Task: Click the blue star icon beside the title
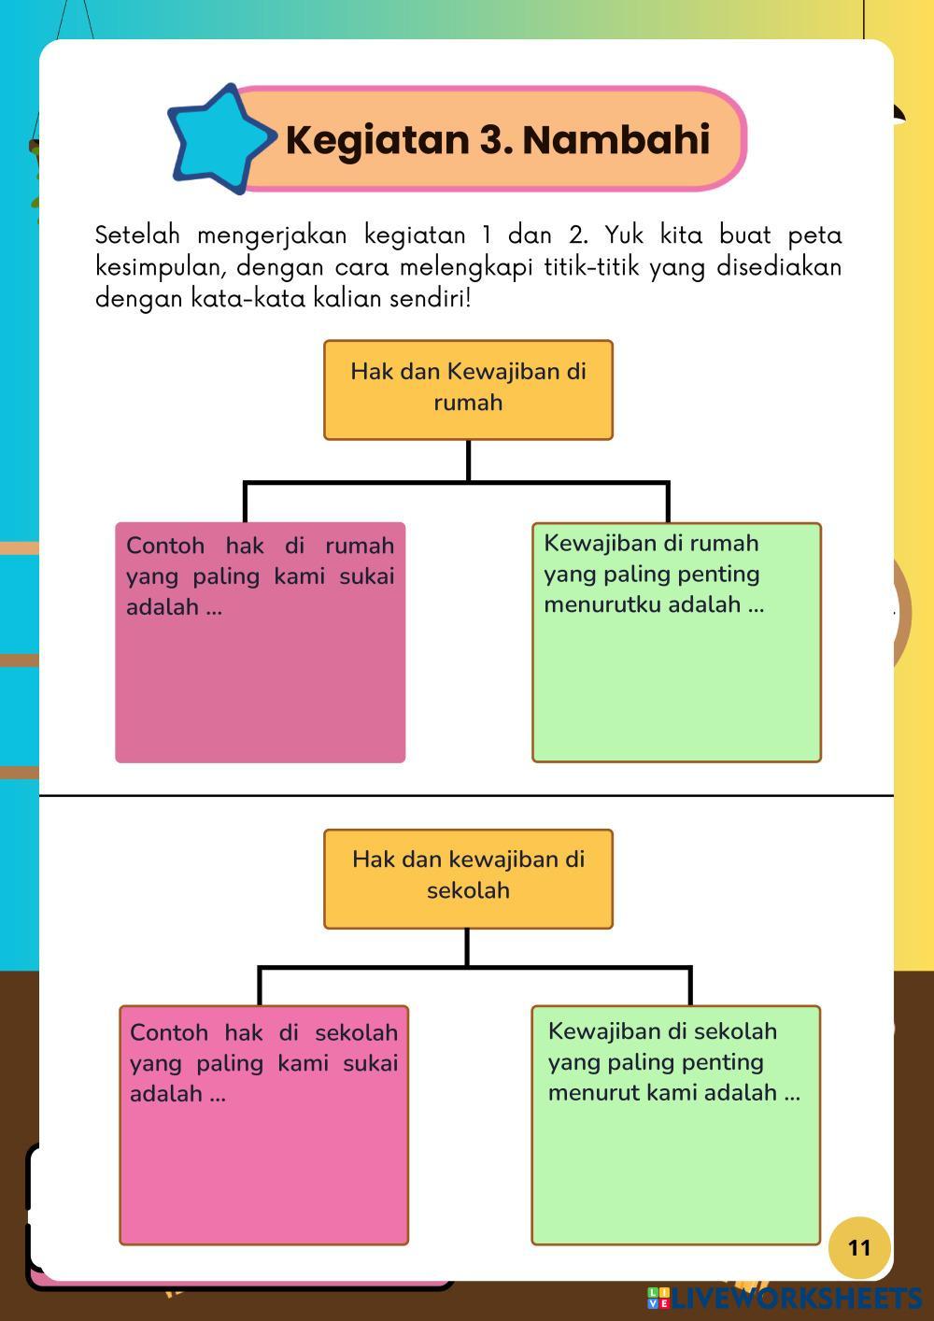click(219, 139)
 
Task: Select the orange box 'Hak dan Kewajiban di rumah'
click(468, 390)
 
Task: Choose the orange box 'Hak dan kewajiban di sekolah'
click(468, 878)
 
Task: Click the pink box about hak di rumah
click(260, 682)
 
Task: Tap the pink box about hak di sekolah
click(263, 1168)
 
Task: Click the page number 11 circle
click(859, 1247)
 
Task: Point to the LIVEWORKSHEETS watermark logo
click(785, 1299)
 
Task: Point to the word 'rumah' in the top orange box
click(468, 403)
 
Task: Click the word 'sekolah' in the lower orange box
click(468, 890)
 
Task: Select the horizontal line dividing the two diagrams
click(466, 796)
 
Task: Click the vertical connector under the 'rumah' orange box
click(468, 461)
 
